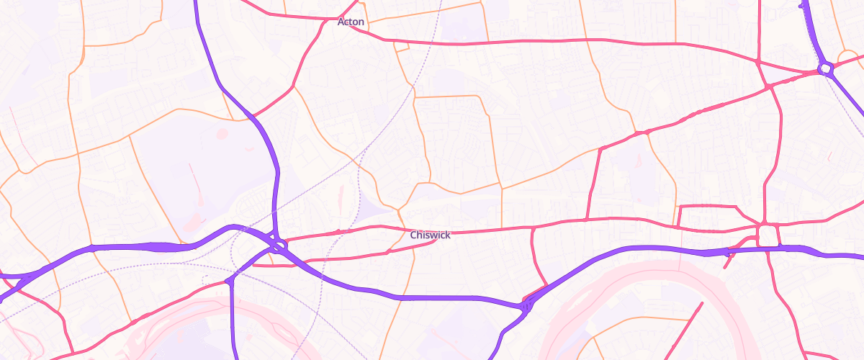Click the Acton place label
[x=351, y=22]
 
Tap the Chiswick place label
[x=430, y=235]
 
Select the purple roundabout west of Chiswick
[x=279, y=246]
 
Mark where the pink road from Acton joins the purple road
[x=253, y=116]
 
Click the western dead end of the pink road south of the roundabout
[x=253, y=265]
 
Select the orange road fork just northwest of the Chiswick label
[x=398, y=210]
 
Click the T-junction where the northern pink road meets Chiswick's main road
[x=587, y=219]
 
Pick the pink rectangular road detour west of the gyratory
[x=708, y=215]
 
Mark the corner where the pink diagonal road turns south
[x=600, y=149]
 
